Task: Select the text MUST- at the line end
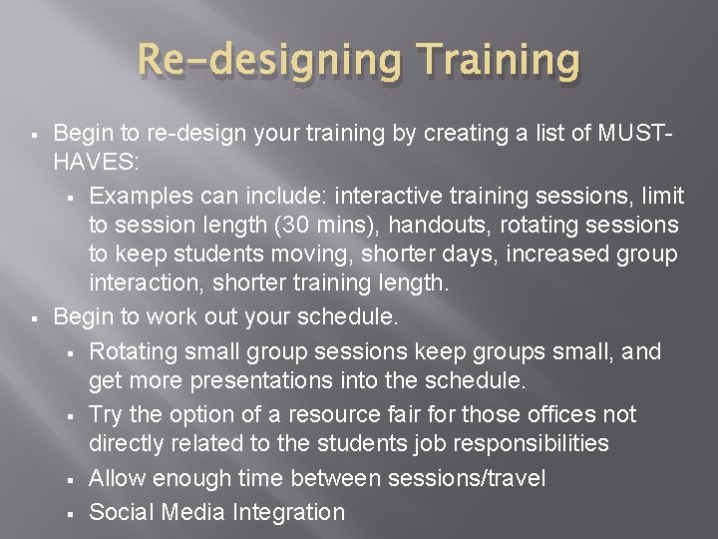642,133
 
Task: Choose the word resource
359,412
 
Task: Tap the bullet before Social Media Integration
75,513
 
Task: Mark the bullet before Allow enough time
75,480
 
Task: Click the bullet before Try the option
75,413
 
